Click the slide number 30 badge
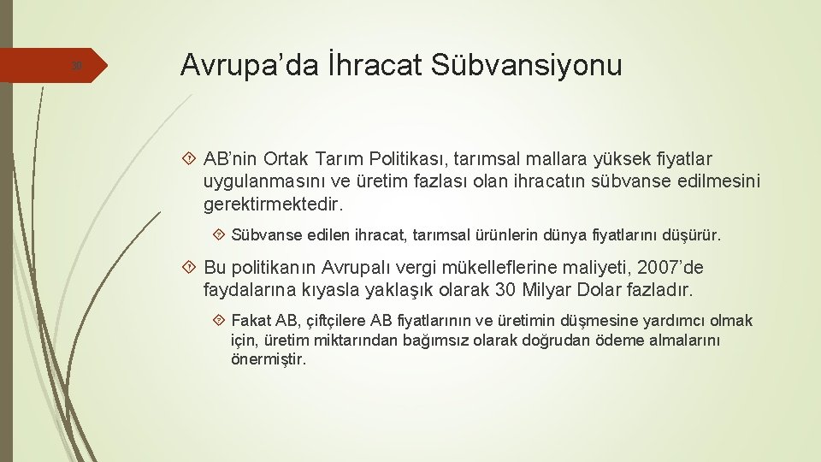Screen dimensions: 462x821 pyautogui.click(x=76, y=66)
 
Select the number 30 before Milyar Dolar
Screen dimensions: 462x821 pyautogui.click(x=505, y=290)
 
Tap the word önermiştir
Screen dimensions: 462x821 pyautogui.click(x=269, y=359)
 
